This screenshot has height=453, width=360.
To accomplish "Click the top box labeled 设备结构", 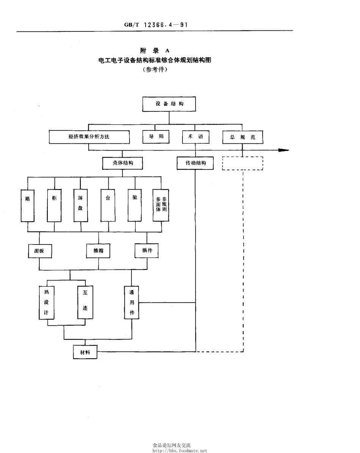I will click(169, 104).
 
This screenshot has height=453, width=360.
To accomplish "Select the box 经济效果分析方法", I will click(89, 137).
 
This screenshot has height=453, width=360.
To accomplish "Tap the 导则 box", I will click(156, 137).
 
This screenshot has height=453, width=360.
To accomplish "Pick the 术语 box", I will click(195, 137).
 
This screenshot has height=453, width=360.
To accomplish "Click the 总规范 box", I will click(243, 138).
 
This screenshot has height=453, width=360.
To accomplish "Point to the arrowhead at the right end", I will click(283, 150).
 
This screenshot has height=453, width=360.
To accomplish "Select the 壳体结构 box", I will click(122, 163).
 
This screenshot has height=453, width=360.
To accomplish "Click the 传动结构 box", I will click(195, 163).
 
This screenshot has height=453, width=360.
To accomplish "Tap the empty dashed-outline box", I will click(243, 163).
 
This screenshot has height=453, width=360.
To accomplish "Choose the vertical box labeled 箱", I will click(28, 205).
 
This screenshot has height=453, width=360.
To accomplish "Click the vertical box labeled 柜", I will click(54, 205).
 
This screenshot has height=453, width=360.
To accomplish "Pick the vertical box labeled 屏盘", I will click(80, 205).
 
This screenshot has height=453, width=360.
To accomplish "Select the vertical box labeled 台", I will click(108, 205).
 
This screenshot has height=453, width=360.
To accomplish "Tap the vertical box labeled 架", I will click(135, 205).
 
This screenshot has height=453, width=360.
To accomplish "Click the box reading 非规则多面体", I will click(161, 205).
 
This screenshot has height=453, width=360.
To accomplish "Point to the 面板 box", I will click(40, 251).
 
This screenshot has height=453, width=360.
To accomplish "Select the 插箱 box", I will click(99, 251).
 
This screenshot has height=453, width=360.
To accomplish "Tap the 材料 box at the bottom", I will click(85, 352).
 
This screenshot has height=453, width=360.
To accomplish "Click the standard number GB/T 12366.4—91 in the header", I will click(156, 25).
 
